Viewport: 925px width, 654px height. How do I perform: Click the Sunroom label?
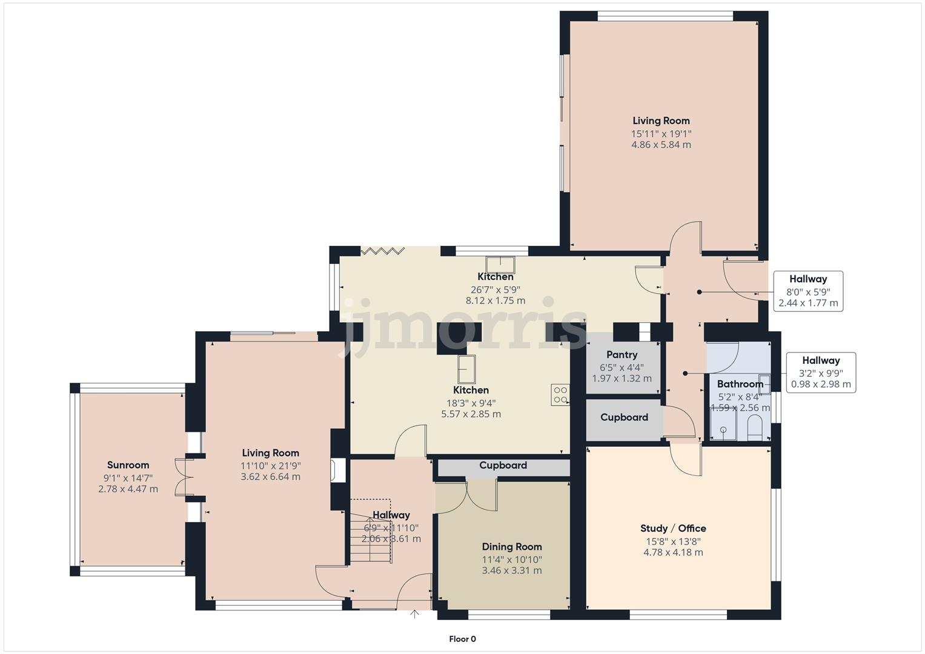[x=128, y=465]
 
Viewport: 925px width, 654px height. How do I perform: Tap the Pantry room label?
[x=622, y=355]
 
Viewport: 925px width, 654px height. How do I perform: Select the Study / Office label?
[x=673, y=528]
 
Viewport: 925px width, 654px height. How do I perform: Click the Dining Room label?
[x=512, y=547]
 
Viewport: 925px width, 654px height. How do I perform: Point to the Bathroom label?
[x=740, y=384]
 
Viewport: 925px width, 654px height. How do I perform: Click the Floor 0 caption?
[x=462, y=639]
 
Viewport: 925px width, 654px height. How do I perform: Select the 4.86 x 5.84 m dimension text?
[x=661, y=145]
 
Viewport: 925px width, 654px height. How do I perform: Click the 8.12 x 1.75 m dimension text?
[x=495, y=300]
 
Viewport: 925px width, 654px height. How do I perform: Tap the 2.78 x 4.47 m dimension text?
[x=128, y=489]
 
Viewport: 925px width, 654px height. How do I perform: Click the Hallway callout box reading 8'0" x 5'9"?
[x=808, y=291]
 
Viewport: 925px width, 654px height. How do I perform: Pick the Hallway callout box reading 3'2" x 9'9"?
[x=821, y=372]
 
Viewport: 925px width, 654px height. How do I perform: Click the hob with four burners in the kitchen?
[x=560, y=395]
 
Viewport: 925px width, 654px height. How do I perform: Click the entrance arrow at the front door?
[x=414, y=614]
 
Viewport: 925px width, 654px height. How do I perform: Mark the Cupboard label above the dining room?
[x=503, y=466]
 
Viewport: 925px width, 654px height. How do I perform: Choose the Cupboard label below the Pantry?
[x=624, y=417]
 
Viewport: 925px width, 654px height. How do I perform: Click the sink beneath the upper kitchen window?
[x=502, y=265]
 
